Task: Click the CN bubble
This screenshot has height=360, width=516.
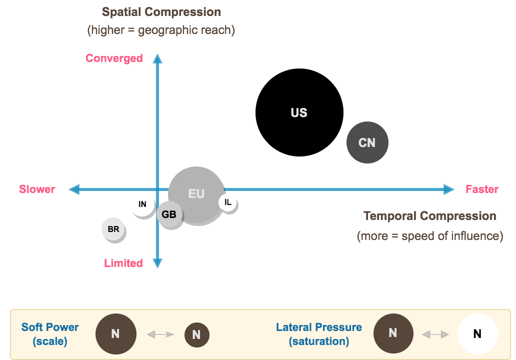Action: click(367, 142)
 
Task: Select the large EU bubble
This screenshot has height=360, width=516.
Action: click(196, 194)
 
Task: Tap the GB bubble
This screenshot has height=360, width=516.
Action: click(169, 214)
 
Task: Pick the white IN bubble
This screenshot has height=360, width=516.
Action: click(142, 204)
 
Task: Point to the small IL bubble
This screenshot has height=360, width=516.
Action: click(227, 202)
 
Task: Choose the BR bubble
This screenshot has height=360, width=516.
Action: click(113, 229)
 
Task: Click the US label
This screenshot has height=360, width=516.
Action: click(299, 113)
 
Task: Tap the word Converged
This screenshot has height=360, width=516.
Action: click(114, 58)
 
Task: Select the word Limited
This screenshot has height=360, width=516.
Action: click(123, 263)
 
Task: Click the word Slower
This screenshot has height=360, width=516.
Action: click(37, 189)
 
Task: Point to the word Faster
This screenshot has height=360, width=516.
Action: click(482, 189)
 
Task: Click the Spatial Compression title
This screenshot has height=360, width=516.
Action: click(161, 12)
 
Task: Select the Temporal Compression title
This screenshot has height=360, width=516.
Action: click(429, 216)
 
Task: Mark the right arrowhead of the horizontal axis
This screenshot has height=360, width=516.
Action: click(449, 189)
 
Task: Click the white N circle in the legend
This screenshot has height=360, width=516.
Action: click(477, 334)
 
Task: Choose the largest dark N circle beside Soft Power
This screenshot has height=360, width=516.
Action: click(115, 334)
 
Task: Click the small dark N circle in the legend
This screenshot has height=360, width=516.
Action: click(196, 335)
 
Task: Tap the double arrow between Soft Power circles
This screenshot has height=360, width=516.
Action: click(160, 334)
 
